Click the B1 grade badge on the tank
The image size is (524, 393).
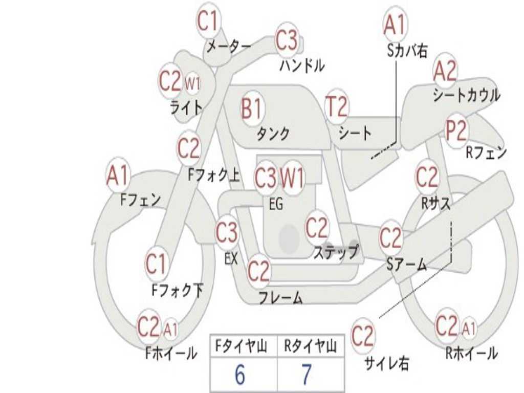(251, 108)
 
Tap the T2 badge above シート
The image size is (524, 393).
(336, 107)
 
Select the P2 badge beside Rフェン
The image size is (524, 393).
(455, 132)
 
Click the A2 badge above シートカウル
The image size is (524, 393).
(445, 72)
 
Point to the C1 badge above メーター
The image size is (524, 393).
(208, 21)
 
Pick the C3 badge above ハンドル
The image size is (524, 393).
(287, 40)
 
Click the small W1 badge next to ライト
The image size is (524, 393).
(192, 84)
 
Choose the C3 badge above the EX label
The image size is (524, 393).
(226, 233)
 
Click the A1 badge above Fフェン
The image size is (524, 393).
(118, 176)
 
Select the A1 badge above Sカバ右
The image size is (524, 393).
(395, 24)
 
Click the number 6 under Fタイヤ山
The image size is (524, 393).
(239, 375)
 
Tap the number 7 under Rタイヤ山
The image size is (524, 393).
(306, 375)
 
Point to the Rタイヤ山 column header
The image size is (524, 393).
(311, 347)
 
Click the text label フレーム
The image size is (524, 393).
(280, 297)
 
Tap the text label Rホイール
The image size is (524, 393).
(471, 353)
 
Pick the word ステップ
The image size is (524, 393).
(336, 252)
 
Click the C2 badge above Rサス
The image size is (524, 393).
(427, 178)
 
